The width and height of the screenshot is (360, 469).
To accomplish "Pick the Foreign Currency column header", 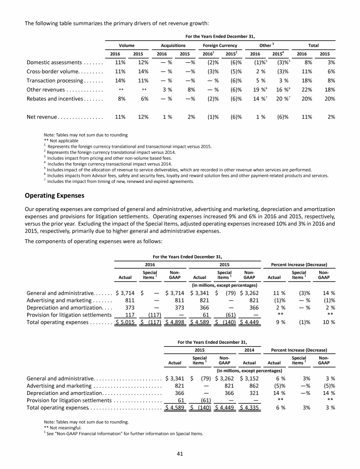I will pyautogui.click(x=220, y=45).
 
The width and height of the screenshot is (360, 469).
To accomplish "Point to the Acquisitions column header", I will pyautogui.click(x=173, y=45).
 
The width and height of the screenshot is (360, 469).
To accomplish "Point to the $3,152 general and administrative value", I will pyautogui.click(x=251, y=372).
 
